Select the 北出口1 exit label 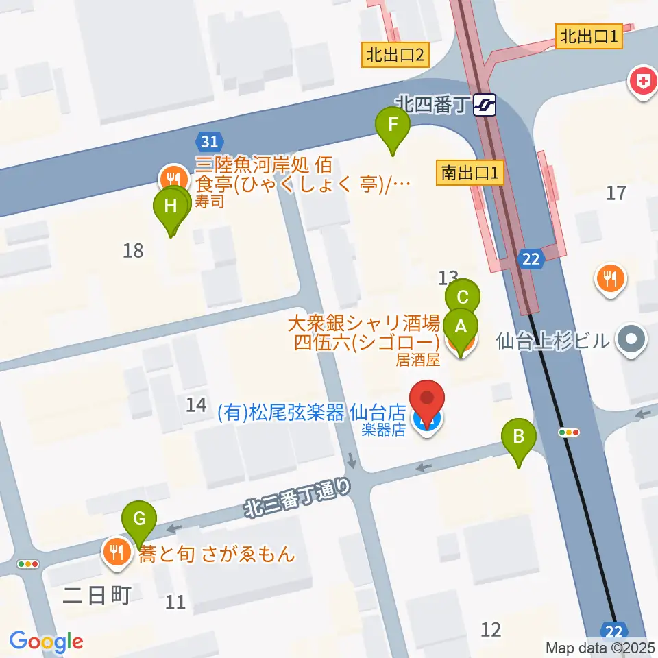point(589,36)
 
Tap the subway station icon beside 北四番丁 point(485,105)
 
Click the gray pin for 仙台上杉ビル point(632,339)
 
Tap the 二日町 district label point(96,596)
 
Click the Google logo point(46,642)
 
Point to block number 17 point(616,193)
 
